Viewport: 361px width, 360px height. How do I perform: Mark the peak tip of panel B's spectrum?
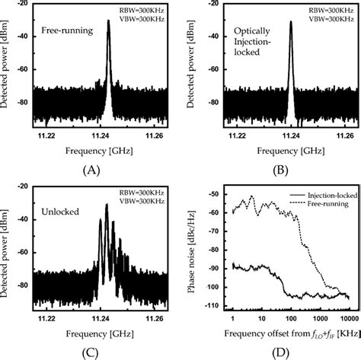pos(290,21)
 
